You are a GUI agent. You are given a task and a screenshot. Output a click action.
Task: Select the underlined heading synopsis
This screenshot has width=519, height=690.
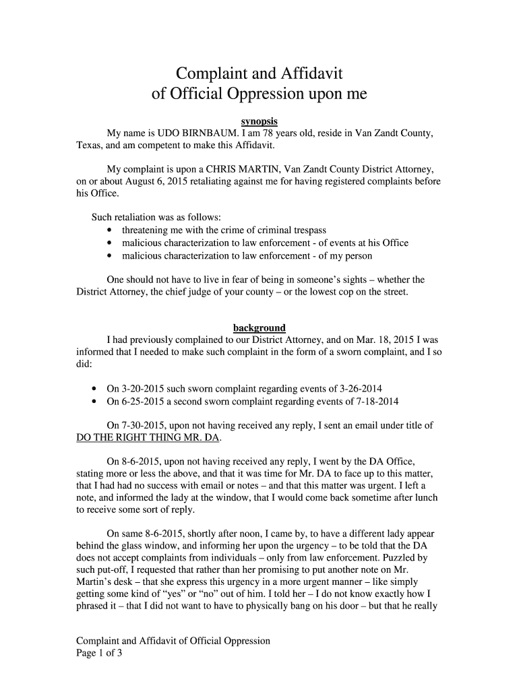coord(259,122)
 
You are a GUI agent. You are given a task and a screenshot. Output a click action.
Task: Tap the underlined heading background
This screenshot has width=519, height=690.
coord(259,328)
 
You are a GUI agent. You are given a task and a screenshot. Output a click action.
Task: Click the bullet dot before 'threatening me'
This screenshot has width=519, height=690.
coord(110,230)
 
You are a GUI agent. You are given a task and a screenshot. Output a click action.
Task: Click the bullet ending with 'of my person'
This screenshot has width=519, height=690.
coord(247,255)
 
